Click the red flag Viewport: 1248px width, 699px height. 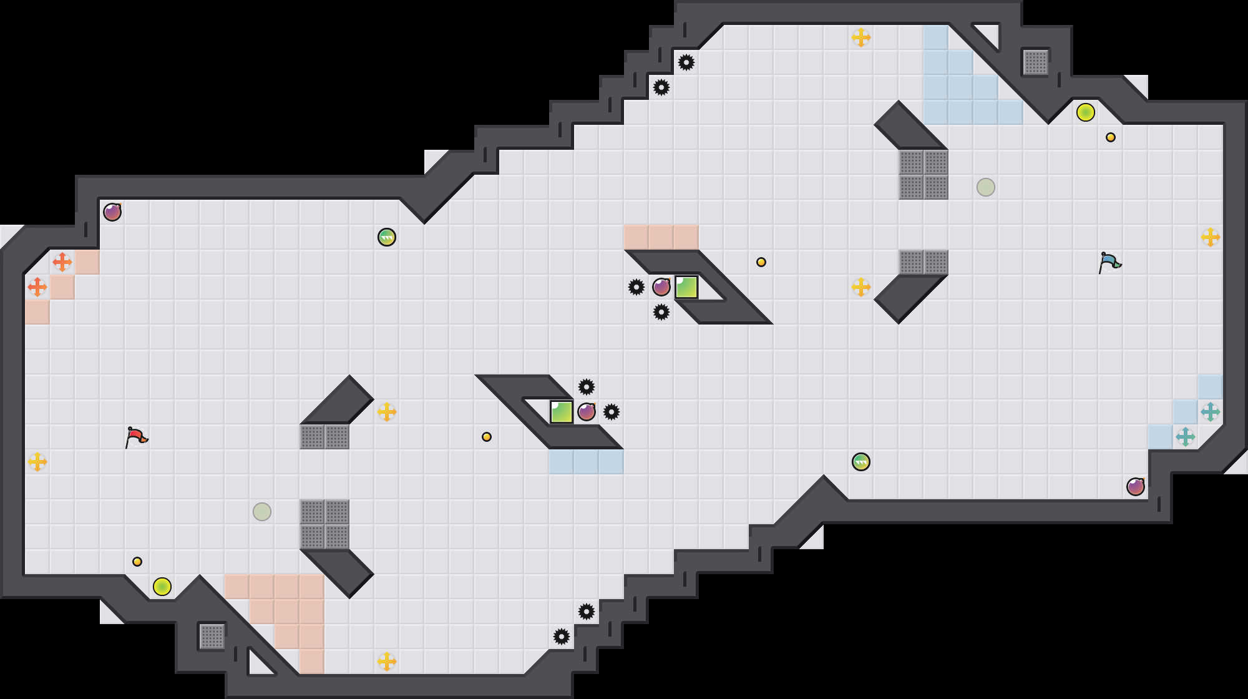[135, 437]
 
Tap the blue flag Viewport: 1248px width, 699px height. [1109, 262]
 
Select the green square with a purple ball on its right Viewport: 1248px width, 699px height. [562, 412]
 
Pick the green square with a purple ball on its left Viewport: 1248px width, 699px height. [686, 287]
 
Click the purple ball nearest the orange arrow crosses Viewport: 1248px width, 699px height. [112, 212]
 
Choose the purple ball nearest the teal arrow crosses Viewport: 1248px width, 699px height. [1136, 487]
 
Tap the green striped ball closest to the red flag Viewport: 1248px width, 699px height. [387, 237]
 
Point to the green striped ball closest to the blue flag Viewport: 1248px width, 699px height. [861, 462]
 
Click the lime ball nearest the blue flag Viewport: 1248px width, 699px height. [1086, 112]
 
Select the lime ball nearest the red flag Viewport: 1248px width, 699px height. [162, 587]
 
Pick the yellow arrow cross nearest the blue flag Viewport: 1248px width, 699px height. [1211, 237]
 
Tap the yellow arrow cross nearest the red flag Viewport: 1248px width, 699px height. [37, 462]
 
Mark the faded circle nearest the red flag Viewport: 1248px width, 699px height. [262, 512]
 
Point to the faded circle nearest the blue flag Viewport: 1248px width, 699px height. [986, 187]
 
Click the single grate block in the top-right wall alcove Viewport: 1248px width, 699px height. [1036, 62]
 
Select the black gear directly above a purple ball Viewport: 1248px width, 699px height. [587, 387]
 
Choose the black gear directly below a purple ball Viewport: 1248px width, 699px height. [661, 312]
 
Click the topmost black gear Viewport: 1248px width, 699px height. [686, 62]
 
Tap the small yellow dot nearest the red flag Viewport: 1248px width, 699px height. [137, 562]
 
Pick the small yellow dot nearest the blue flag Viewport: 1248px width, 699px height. [1111, 137]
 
